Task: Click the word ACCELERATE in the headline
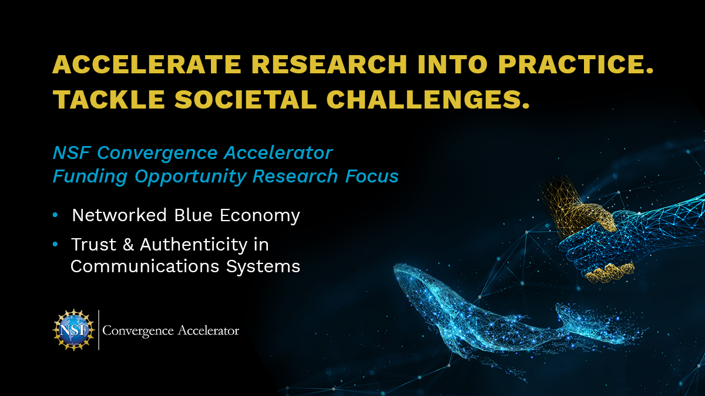(147, 65)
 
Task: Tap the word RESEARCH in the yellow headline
(329, 65)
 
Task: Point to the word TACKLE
(109, 99)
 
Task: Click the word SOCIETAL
(246, 99)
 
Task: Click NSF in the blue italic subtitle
(72, 153)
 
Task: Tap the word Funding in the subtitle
(90, 177)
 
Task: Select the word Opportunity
(190, 177)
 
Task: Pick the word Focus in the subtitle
(372, 176)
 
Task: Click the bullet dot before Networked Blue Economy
(55, 215)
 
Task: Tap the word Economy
(260, 216)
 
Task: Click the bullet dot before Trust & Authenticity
(55, 244)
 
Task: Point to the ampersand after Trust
(128, 245)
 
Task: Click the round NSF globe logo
(73, 330)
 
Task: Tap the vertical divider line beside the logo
(99, 330)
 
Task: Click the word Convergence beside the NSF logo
(138, 331)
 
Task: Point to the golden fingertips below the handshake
(610, 272)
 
